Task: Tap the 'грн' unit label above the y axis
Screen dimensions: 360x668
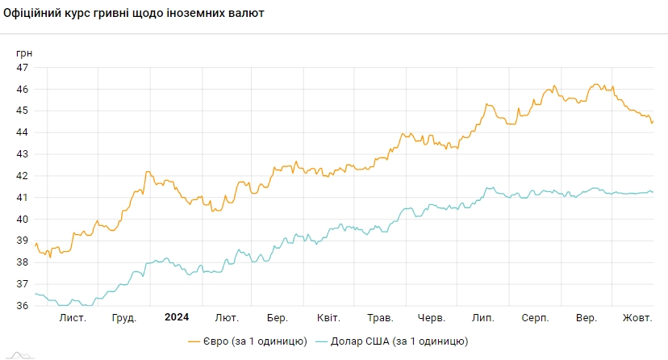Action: (24, 52)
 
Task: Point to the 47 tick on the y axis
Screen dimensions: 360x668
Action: (23, 67)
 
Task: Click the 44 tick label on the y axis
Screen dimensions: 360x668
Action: (23, 132)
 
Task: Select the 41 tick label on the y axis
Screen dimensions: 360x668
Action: (23, 198)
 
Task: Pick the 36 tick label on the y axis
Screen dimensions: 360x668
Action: (23, 306)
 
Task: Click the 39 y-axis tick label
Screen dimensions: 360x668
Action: (23, 241)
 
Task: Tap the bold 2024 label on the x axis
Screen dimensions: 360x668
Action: (177, 317)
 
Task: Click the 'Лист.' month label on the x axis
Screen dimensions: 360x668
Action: (73, 318)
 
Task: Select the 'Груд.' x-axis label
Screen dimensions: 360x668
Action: (123, 318)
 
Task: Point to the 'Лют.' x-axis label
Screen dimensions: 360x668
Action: (227, 318)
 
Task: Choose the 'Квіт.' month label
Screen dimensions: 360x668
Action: (328, 318)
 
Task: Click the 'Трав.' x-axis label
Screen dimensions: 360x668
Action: (380, 318)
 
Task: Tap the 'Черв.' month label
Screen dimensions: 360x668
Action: (432, 318)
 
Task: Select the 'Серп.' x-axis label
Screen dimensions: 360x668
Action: (535, 318)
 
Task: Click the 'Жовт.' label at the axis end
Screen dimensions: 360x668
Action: (637, 318)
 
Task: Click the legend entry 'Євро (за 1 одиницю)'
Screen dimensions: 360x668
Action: (247, 341)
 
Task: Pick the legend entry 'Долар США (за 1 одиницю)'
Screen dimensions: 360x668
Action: (392, 341)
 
